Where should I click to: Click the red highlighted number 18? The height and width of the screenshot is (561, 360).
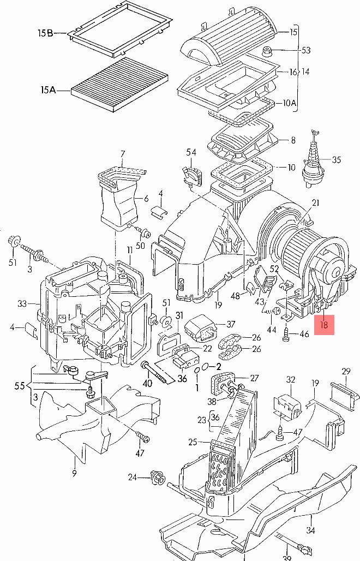[324, 325]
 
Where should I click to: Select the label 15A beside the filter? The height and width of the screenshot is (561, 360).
[48, 90]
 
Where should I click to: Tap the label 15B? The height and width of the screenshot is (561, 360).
[45, 33]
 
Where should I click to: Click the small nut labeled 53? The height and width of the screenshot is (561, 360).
[267, 51]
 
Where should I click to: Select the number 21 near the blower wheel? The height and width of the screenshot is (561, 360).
[315, 203]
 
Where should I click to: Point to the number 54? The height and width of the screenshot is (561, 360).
[191, 152]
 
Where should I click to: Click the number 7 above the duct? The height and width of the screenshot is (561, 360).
[123, 154]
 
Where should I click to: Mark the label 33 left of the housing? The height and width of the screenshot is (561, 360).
[22, 304]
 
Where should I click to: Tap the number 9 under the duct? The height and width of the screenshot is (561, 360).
[74, 473]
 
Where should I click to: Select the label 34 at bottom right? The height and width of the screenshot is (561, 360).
[310, 530]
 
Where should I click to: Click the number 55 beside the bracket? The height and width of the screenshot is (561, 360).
[20, 386]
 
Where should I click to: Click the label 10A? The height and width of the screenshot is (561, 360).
[290, 103]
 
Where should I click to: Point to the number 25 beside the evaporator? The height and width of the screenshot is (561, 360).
[193, 442]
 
